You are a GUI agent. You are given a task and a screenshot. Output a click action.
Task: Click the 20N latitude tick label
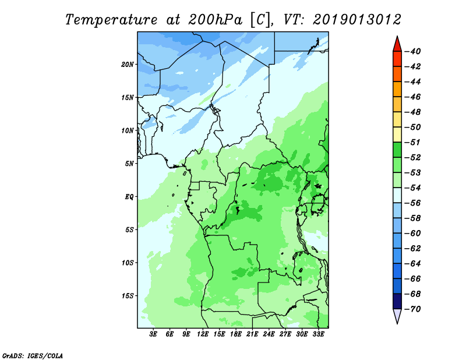128,64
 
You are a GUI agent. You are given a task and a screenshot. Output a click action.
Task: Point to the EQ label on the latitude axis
129,196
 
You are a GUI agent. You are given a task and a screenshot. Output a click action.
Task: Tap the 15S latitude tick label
128,295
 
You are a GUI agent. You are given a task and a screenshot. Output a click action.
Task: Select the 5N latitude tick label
129,163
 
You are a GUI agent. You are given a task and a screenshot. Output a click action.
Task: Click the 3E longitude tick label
154,334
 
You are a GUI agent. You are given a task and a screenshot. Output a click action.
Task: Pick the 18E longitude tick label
236,334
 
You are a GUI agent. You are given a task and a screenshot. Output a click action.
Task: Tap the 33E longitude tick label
318,334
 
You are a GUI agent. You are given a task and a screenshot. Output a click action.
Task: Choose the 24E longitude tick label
269,334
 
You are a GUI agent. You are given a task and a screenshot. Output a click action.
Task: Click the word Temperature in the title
110,20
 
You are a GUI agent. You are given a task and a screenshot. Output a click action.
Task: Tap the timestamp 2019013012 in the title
356,20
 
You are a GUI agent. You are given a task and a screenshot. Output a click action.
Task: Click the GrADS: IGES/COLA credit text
33,355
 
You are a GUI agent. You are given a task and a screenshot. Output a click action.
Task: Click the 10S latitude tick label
128,262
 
